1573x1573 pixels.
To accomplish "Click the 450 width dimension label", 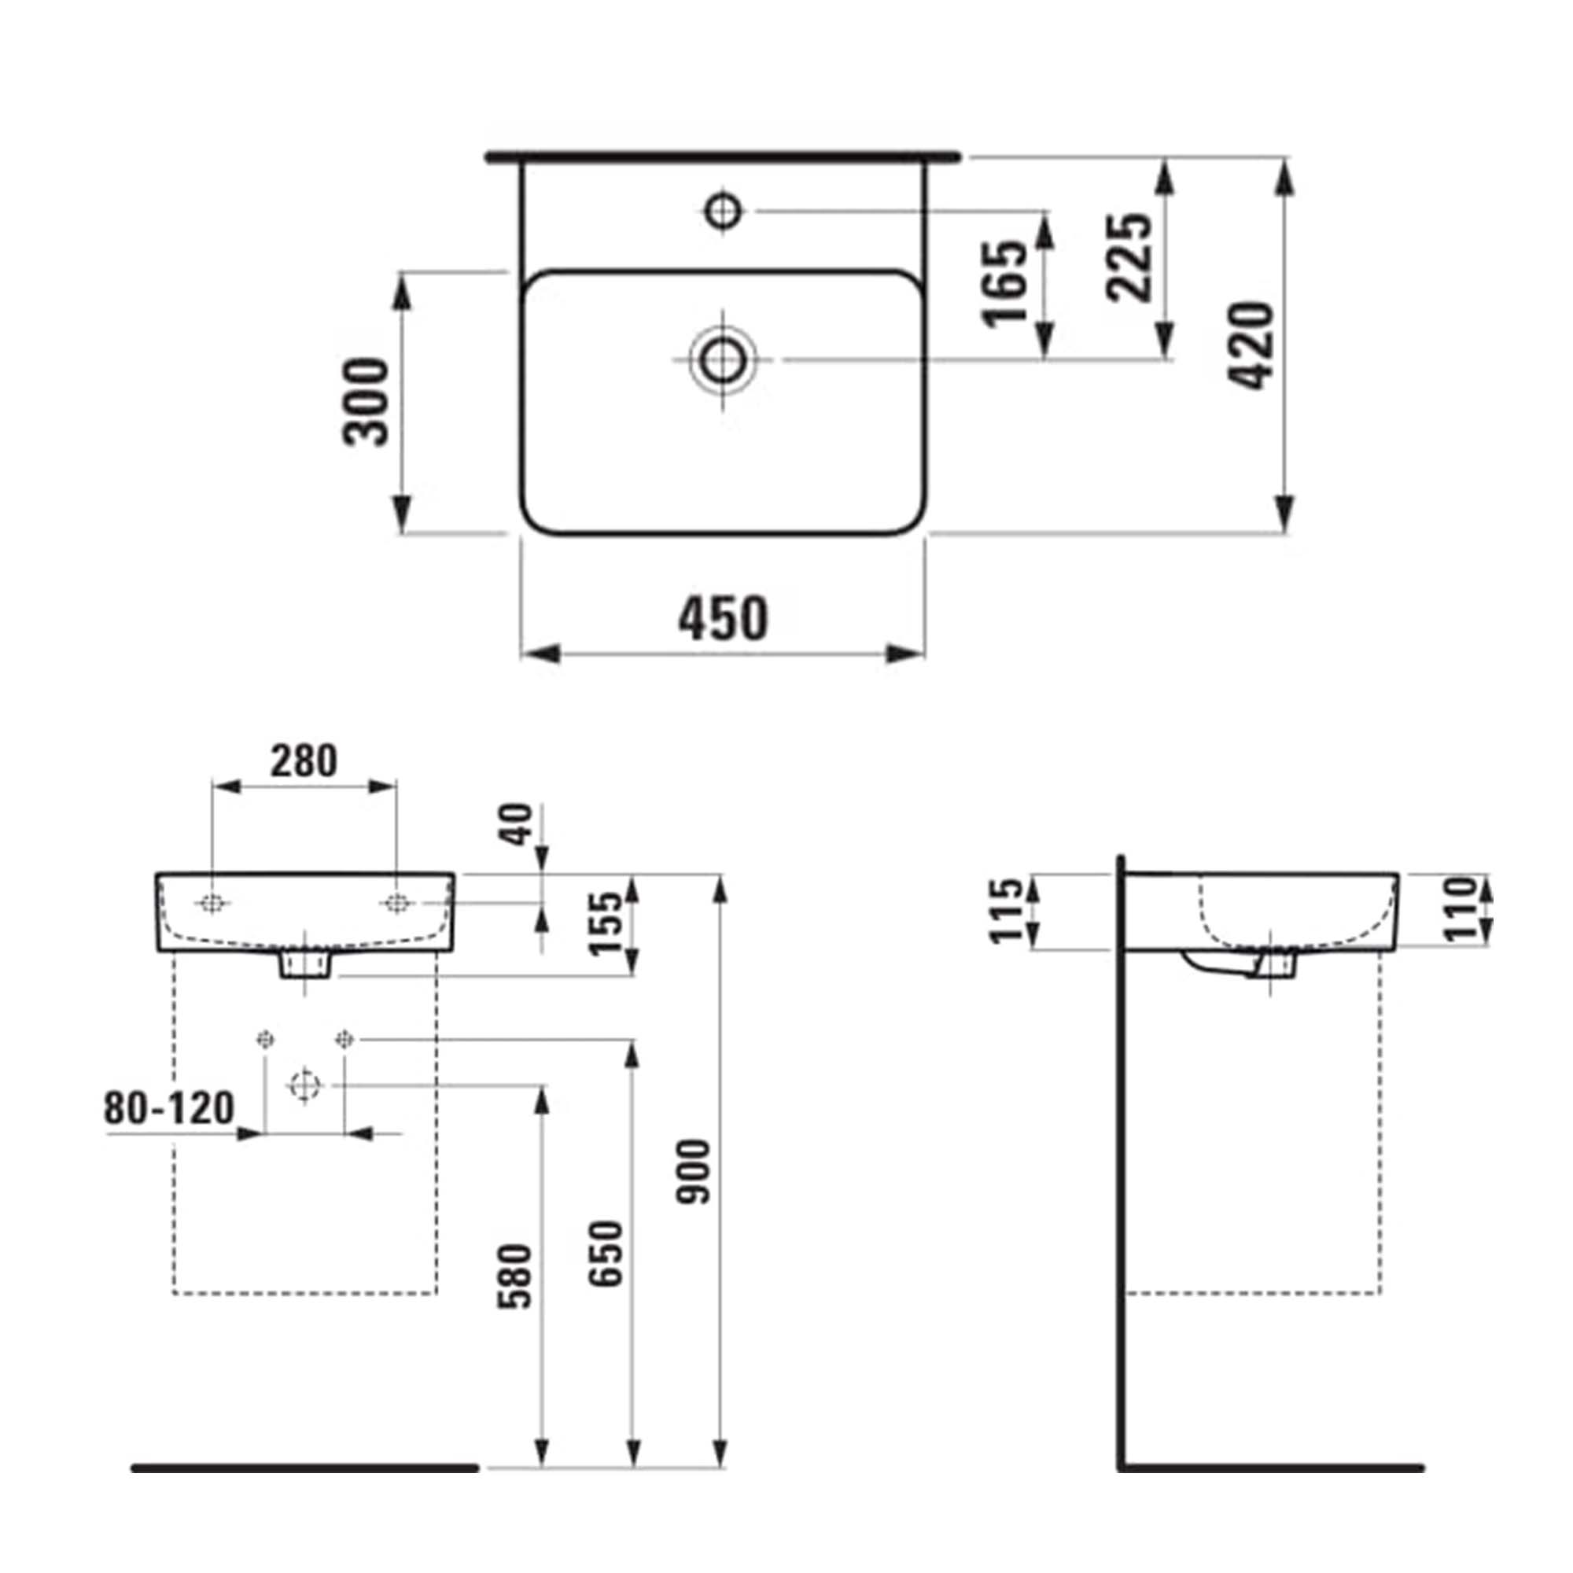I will [723, 618].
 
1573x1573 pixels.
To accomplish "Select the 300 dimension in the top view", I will [366, 401].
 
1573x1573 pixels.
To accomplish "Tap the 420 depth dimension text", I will [1251, 345].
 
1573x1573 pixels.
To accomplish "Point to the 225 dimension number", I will [1129, 257].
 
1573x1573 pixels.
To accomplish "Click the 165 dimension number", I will [1007, 282].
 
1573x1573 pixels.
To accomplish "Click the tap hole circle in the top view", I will [722, 211].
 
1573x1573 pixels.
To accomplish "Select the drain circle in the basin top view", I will [721, 360].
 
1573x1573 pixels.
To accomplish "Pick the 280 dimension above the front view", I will [304, 761].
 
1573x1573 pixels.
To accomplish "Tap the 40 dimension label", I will [516, 824].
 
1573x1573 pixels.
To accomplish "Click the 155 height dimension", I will [606, 924].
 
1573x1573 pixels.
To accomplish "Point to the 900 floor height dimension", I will [697, 1172].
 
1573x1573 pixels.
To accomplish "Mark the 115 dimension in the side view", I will [1005, 911].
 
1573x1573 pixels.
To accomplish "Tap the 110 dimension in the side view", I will [1461, 909].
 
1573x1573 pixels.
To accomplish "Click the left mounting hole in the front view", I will [212, 903].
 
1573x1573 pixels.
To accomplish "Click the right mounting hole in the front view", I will [396, 902].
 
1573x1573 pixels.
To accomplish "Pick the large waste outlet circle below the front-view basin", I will [304, 1085].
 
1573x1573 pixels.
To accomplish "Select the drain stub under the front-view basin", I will [305, 965].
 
